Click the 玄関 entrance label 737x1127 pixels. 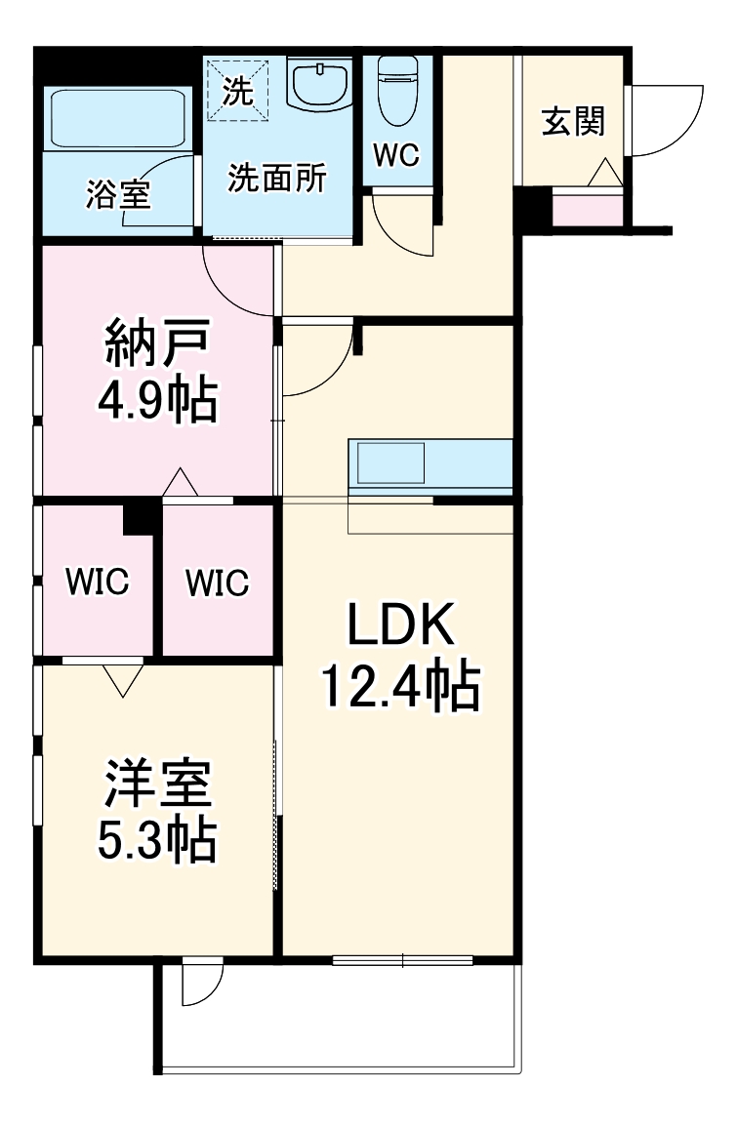[x=574, y=122]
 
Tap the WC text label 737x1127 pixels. [x=396, y=154]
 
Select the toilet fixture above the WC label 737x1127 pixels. [x=397, y=90]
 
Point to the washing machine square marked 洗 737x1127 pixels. [x=235, y=89]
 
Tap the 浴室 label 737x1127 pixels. [x=118, y=195]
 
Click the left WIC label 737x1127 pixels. [x=97, y=583]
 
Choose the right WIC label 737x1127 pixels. [x=218, y=583]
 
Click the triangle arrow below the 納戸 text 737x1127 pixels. [x=180, y=482]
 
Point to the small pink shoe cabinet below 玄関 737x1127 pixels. [x=588, y=210]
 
